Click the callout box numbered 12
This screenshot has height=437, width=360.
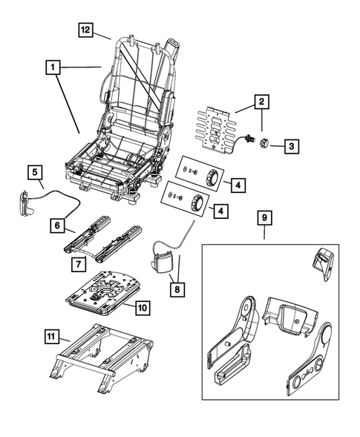[x=86, y=30]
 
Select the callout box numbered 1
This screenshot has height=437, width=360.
[x=52, y=68]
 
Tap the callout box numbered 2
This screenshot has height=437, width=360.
[x=261, y=101]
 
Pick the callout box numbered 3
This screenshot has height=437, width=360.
[x=292, y=147]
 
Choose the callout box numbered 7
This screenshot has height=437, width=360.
[x=78, y=263]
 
